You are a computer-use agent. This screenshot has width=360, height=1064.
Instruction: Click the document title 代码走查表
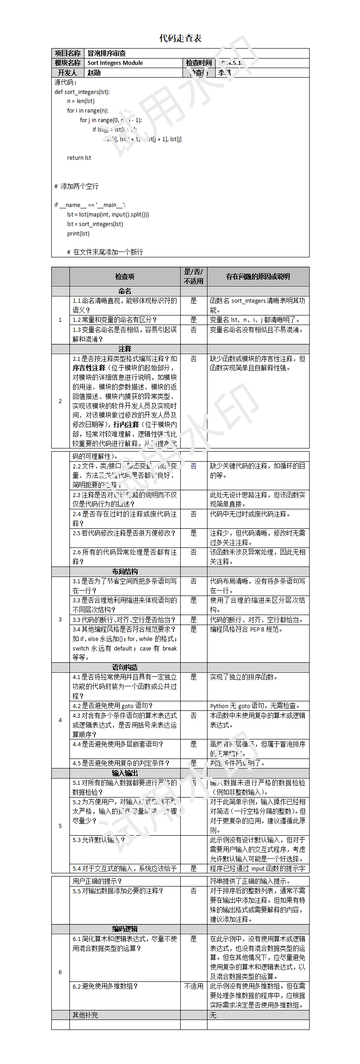tap(180, 38)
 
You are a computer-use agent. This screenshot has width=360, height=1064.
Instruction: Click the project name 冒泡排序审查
tap(107, 53)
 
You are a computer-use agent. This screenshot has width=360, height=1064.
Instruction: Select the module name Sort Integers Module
tap(115, 63)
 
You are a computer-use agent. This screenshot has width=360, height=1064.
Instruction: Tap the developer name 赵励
tap(94, 73)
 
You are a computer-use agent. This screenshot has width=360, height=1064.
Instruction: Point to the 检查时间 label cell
tap(198, 63)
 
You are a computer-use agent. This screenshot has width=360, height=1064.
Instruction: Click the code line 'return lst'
tap(79, 158)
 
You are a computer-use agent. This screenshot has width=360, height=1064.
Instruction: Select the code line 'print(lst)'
tap(78, 234)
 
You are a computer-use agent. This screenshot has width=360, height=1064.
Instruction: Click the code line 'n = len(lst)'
tap(81, 101)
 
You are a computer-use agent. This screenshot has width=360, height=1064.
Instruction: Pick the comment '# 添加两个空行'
tap(76, 186)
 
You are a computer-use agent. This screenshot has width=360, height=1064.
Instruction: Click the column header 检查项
tap(125, 276)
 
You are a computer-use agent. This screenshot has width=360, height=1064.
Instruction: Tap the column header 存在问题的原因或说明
tap(258, 276)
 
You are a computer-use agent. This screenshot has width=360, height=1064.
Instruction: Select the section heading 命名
tap(125, 291)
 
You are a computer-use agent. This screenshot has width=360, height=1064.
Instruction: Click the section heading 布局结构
tap(125, 571)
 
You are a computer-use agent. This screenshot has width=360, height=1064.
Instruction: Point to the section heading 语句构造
tap(125, 667)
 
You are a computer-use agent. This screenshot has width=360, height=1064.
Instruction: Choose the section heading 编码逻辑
tap(125, 929)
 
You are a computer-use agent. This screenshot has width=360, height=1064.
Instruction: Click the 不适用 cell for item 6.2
tap(193, 986)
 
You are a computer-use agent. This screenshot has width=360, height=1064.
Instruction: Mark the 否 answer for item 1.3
tap(193, 330)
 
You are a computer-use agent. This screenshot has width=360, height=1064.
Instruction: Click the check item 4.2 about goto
tap(113, 706)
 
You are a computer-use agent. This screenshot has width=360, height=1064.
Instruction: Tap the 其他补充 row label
tap(85, 1015)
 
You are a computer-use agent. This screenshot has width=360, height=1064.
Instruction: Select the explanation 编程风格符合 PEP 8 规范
tap(247, 629)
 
